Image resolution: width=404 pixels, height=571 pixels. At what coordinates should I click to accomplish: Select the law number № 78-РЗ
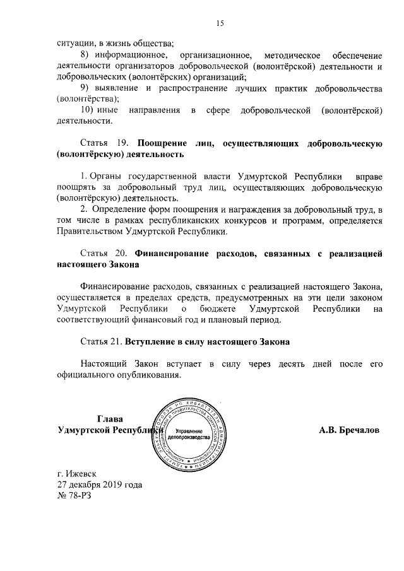74,496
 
